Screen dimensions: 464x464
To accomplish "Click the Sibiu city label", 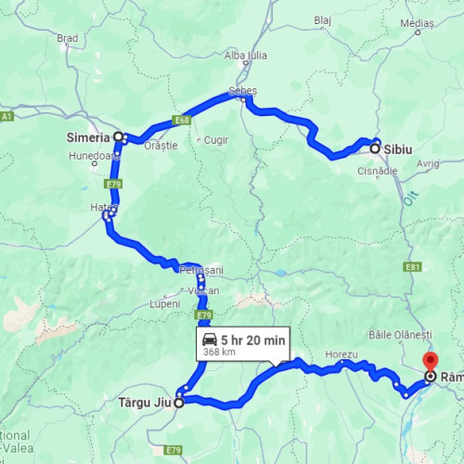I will tap(401, 148).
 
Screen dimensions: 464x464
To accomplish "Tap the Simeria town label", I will tap(88, 136).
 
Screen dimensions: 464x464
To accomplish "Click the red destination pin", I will tap(430, 362).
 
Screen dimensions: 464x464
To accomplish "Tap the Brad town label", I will tap(68, 38).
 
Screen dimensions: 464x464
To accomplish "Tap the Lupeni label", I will tap(164, 304).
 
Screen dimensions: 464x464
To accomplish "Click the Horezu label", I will tap(342, 354).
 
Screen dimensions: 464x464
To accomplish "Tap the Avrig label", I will tap(428, 163).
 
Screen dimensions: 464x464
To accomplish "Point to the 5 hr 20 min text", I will tap(253, 339).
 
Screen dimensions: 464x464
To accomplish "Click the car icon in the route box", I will tap(209, 340).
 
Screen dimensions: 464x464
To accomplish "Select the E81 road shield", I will tap(414, 266).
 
